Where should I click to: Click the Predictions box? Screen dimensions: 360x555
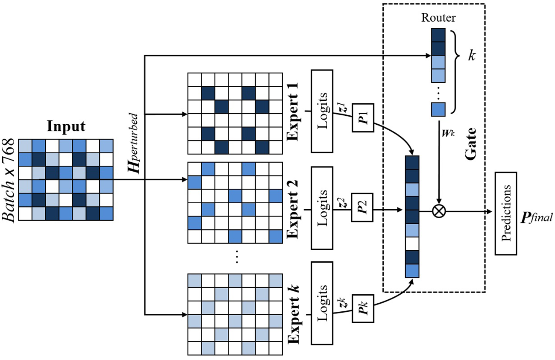[x=506, y=214]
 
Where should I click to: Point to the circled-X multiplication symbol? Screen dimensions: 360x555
[x=439, y=211]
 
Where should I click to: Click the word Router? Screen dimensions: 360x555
[x=438, y=18]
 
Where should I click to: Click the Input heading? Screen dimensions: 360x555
[x=66, y=127]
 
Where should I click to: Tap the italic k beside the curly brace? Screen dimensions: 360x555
[x=472, y=56]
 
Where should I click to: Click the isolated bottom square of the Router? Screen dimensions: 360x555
[x=438, y=109]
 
